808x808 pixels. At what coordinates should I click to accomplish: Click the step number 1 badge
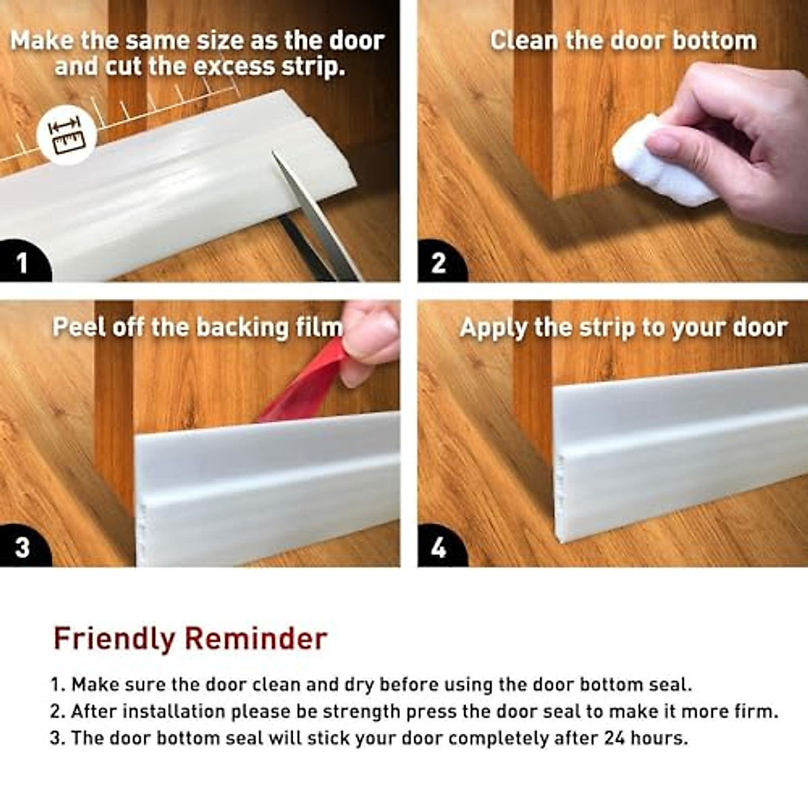click(22, 263)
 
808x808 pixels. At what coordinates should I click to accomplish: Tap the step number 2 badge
click(438, 263)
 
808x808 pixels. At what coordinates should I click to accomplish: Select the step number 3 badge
click(22, 547)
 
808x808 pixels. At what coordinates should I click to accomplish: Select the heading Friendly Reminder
click(190, 638)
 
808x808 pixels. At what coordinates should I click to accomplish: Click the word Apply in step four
click(494, 329)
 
